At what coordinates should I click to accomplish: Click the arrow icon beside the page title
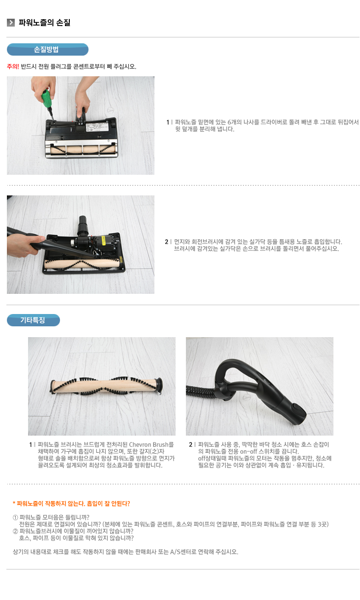click(x=11, y=23)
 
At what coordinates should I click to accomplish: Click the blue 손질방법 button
click(x=47, y=49)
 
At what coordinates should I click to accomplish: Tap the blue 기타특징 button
click(x=33, y=320)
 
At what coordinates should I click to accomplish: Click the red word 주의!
click(x=13, y=66)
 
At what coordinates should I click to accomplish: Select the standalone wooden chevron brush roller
click(x=107, y=386)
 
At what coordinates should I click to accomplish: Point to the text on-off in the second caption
click(x=248, y=451)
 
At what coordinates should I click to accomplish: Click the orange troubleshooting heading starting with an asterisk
click(x=71, y=504)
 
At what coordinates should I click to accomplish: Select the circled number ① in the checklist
click(x=15, y=517)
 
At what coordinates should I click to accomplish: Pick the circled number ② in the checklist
click(x=15, y=531)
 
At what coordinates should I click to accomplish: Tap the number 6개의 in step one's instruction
click(x=235, y=122)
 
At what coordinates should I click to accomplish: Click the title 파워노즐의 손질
click(x=44, y=23)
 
